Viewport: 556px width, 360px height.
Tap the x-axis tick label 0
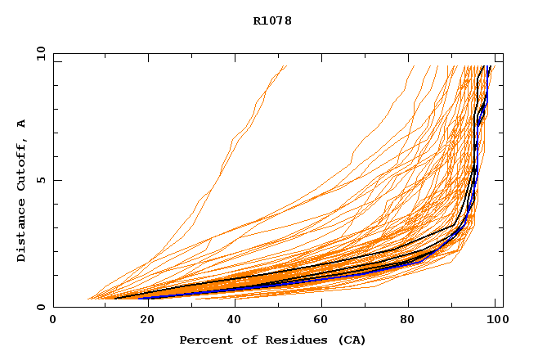coord(53,320)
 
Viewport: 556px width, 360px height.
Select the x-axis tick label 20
coord(142,320)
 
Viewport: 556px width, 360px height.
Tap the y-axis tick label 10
coord(40,53)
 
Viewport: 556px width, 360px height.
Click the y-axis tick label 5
coord(40,180)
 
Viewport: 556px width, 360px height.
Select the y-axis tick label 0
coord(40,307)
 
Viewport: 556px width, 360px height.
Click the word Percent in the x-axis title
coord(204,340)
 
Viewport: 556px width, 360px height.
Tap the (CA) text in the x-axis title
coord(349,340)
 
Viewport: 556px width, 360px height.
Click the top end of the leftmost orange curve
coord(286,66)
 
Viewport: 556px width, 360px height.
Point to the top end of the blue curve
coord(488,66)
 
